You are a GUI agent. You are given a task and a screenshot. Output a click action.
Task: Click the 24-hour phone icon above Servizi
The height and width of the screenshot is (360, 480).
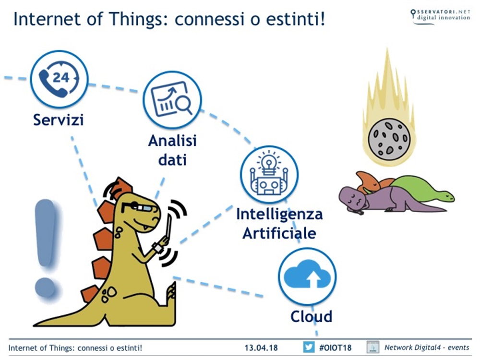59,79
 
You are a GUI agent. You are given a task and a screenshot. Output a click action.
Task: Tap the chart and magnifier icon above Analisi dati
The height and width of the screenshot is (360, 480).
172,100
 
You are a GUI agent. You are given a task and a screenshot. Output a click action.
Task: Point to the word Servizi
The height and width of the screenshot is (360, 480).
58,120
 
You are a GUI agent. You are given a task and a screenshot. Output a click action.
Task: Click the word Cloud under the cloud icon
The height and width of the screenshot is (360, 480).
311,316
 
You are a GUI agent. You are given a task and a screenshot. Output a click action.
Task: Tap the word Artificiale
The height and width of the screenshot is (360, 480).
279,233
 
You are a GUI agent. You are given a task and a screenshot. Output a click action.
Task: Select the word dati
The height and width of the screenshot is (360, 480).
172,159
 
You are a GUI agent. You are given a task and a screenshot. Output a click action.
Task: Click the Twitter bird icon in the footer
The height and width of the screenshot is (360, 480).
309,347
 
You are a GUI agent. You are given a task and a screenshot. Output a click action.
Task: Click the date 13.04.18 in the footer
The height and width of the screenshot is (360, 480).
261,347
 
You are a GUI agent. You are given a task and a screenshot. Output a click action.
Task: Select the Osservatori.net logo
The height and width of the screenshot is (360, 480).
440,15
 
